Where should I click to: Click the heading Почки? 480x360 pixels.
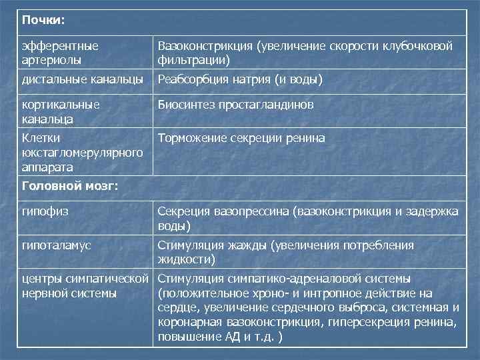click(43, 20)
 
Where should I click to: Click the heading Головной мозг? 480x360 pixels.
click(70, 186)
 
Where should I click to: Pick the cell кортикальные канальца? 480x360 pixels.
click(61, 111)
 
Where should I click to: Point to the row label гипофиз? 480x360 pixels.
click(46, 211)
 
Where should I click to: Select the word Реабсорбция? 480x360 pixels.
click(193, 79)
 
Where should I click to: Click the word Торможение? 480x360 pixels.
click(191, 138)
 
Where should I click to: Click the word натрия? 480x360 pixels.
click(253, 79)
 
